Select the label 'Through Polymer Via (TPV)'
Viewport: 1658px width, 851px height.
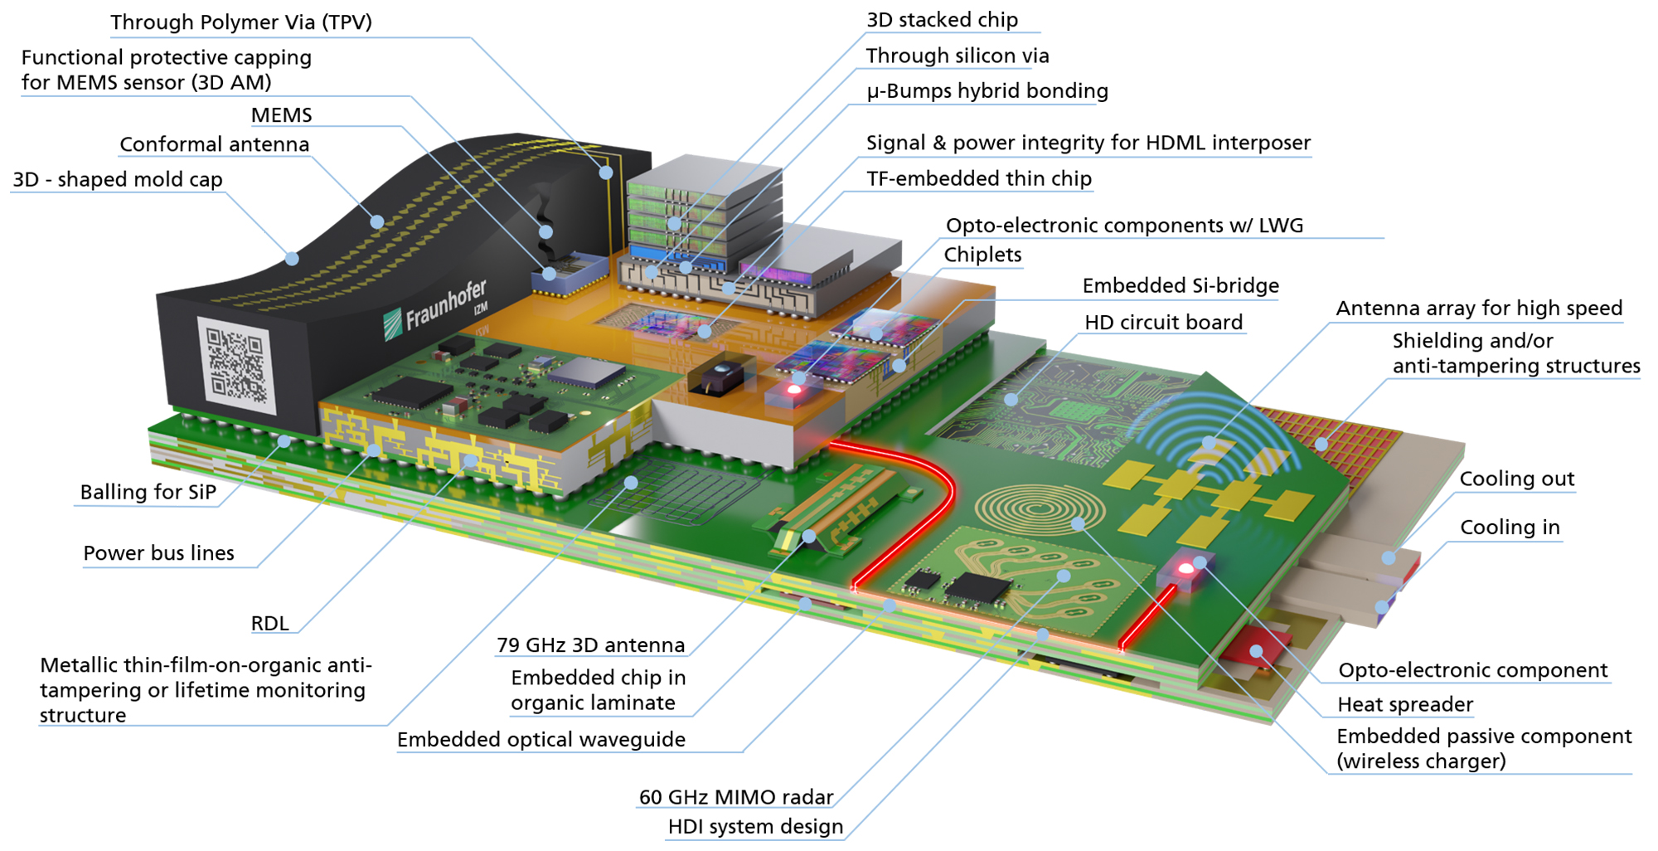[241, 22]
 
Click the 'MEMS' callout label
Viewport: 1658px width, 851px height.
[281, 115]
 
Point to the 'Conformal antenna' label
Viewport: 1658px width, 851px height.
[214, 144]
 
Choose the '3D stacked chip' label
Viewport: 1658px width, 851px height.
[942, 20]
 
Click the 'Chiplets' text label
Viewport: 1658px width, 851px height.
[982, 255]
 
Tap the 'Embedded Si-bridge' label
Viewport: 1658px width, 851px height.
[1180, 286]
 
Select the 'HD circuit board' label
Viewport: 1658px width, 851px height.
[1163, 323]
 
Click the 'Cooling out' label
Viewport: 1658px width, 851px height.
[1516, 479]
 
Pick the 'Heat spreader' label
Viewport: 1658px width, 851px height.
[1404, 705]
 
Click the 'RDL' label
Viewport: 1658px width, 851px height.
[269, 624]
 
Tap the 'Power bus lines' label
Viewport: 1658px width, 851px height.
[158, 553]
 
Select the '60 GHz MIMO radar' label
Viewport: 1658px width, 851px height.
[735, 797]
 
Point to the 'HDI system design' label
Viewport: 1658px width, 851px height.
[755, 827]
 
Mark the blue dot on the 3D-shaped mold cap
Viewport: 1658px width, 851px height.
[292, 259]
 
